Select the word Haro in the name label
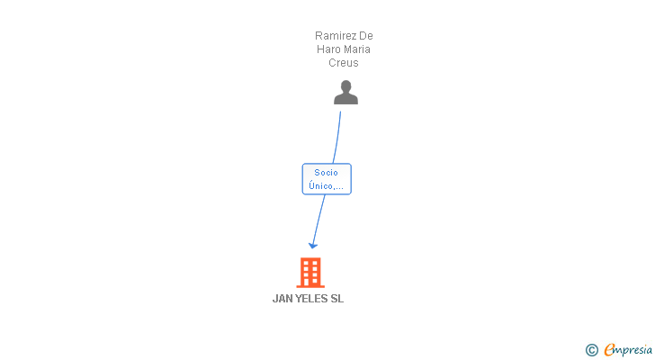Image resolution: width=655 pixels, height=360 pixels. click(x=328, y=49)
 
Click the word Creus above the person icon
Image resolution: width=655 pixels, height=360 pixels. click(x=344, y=63)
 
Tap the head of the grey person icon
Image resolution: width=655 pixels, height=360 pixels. click(x=345, y=86)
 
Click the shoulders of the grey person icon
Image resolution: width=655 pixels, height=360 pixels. click(x=345, y=99)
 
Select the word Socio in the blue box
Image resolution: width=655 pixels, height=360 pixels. click(x=326, y=172)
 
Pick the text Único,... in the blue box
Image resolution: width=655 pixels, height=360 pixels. click(x=326, y=186)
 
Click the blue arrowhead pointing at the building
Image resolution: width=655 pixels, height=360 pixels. click(x=313, y=244)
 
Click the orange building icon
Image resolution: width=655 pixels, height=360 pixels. click(x=310, y=272)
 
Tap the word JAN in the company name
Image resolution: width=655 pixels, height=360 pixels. click(x=283, y=299)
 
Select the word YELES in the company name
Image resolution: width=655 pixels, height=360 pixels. click(x=313, y=299)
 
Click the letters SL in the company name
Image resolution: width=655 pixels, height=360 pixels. click(x=337, y=299)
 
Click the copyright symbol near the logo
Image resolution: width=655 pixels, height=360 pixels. click(x=592, y=350)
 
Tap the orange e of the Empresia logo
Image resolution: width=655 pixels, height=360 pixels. click(x=610, y=350)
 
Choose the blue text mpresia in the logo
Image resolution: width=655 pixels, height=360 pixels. click(x=633, y=350)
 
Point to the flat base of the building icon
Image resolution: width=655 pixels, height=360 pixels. click(x=310, y=285)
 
